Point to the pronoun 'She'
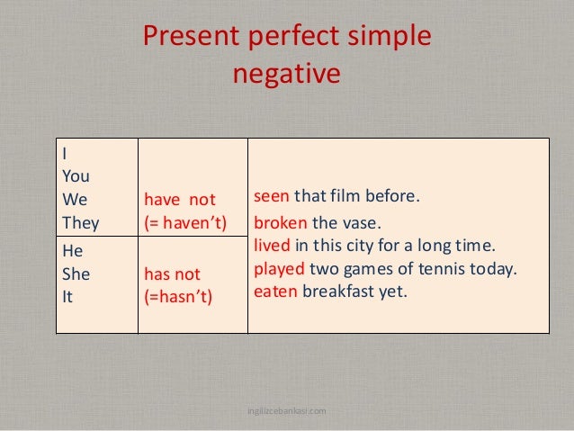[76, 273]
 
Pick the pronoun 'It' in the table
[67, 295]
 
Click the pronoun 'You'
[76, 176]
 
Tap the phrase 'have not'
[180, 199]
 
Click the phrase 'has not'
[173, 273]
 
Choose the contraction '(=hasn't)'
[178, 295]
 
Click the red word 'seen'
[272, 196]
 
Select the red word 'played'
[280, 268]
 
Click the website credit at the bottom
[286, 411]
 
